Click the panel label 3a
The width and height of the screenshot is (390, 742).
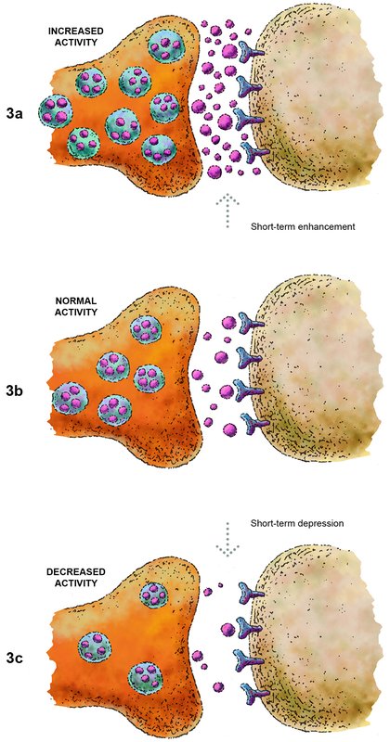(x=16, y=114)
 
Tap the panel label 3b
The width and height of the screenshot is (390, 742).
(x=16, y=391)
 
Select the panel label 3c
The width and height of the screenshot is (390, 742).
(x=16, y=659)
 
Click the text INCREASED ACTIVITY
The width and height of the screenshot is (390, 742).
(x=76, y=37)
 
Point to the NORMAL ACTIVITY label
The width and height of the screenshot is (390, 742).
(x=76, y=306)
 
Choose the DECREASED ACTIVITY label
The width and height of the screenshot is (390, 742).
(x=72, y=576)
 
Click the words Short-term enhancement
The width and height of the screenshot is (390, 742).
(x=303, y=226)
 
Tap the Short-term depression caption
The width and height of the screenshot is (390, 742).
(x=296, y=524)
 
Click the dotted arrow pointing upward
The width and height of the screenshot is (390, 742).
(x=227, y=211)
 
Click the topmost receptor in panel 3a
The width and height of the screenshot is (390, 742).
(x=249, y=52)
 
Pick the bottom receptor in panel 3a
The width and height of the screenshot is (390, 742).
(x=255, y=152)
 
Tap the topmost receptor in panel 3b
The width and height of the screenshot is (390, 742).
(x=252, y=322)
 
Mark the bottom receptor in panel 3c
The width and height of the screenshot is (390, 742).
(x=254, y=693)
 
